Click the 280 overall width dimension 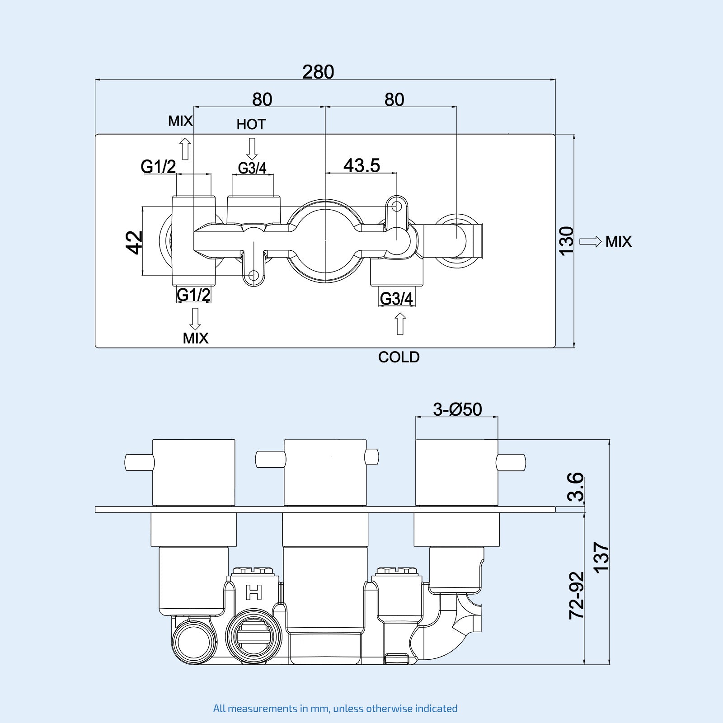318,72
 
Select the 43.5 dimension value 361,165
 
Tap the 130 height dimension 566,241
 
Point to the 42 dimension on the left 134,242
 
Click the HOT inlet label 251,124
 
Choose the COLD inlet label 399,357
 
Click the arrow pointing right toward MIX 590,241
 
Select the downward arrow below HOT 252,149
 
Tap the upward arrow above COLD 400,324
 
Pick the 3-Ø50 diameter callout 457,409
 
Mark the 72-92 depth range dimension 576,595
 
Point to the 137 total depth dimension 601,558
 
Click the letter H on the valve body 254,592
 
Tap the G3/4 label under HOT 252,168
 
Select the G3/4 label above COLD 396,299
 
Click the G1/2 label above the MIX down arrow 193,295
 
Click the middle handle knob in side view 325,472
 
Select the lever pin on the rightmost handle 511,462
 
